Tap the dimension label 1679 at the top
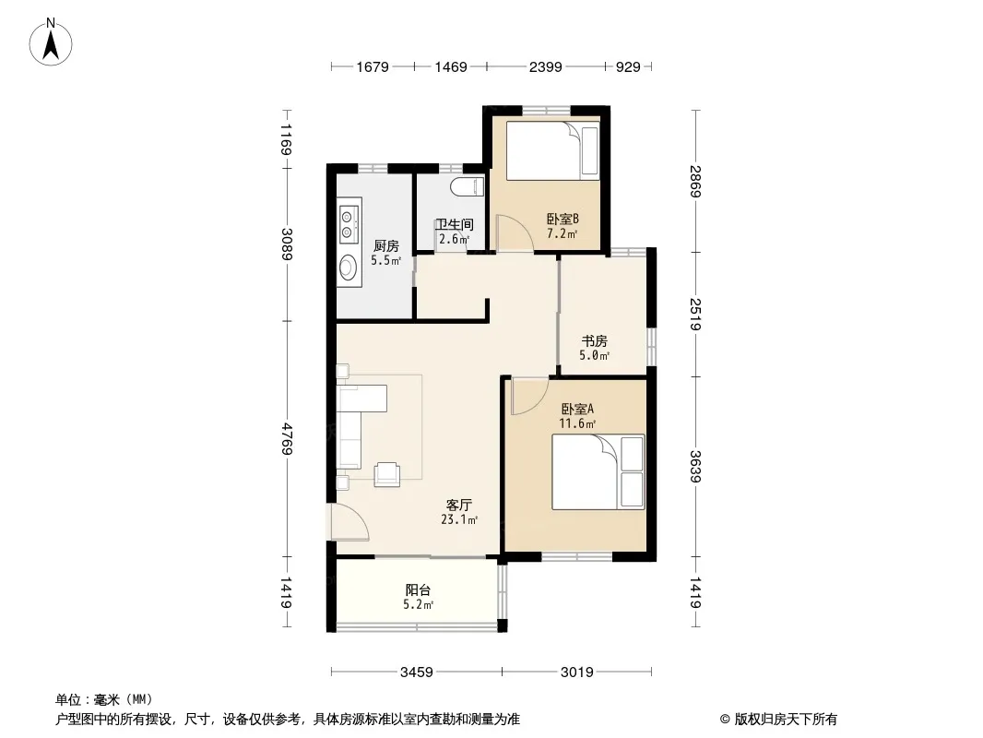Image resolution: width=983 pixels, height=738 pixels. (373, 67)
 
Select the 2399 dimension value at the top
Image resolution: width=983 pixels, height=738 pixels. (545, 67)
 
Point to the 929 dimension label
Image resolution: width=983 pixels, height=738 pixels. (628, 67)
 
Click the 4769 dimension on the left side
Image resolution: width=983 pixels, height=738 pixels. (287, 439)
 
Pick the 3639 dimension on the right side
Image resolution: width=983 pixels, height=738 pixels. (695, 467)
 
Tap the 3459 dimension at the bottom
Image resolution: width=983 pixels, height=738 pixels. (417, 673)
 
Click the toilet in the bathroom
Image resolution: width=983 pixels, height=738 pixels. (468, 187)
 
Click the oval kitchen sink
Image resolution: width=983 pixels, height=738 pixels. (348, 268)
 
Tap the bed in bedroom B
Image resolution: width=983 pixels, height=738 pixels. (552, 150)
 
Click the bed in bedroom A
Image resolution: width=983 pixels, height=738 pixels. (598, 471)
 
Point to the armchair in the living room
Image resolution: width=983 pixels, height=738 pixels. (386, 474)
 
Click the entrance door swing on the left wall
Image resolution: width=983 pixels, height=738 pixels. (349, 522)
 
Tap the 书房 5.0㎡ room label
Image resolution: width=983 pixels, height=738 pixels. (594, 348)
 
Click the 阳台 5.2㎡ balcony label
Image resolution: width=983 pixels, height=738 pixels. (418, 597)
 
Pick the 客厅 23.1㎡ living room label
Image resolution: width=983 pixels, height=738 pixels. (459, 512)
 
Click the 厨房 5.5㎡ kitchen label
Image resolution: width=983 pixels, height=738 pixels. (385, 253)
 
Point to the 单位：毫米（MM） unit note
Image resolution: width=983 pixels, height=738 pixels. (104, 699)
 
